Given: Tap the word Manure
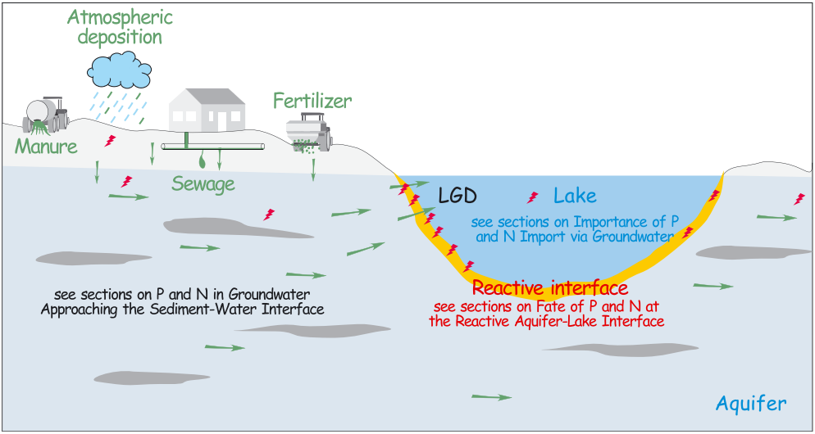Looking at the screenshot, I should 46,147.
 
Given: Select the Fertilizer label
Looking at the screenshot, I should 312,102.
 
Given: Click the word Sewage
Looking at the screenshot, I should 203,183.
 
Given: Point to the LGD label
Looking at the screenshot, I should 458,197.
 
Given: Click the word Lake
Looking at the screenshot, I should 575,196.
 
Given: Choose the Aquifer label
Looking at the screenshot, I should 751,403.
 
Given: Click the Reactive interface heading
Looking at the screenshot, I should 549,288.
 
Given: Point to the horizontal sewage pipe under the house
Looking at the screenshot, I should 213,147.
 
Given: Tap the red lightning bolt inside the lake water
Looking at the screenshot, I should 533,197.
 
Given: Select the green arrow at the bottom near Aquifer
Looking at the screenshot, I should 493,397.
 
